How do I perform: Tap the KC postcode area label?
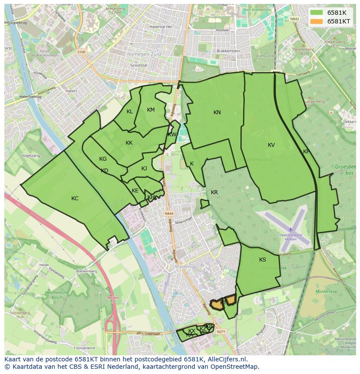[75, 199]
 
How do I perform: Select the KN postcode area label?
[217, 113]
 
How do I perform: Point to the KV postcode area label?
[271, 145]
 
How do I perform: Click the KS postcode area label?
[263, 260]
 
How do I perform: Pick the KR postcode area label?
[214, 192]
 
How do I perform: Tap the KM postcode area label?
[151, 110]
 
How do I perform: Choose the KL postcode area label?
[130, 112]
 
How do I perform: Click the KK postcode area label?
[129, 143]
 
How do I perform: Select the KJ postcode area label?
[144, 169]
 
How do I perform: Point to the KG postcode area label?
[103, 159]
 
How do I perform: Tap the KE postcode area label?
[135, 191]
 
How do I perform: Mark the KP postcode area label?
[306, 152]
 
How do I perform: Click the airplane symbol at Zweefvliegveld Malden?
[290, 229]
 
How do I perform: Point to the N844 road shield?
[169, 213]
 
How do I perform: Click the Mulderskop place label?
[327, 291]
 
